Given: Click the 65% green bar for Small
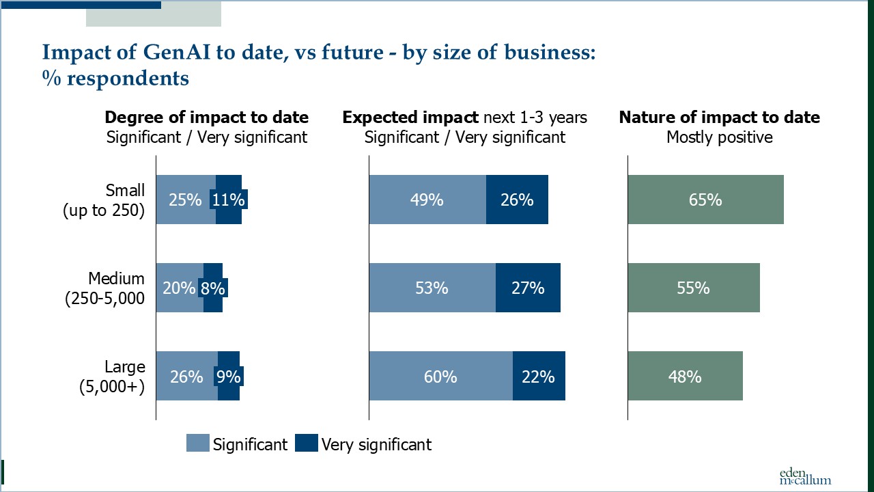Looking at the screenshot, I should pos(705,200).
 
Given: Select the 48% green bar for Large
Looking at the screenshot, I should pos(685,376).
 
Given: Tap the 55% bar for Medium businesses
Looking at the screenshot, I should pos(694,288).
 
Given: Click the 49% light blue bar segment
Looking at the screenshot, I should pos(427,200).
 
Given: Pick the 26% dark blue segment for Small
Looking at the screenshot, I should pos(517,200).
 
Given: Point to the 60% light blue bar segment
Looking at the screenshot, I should pos(440,376).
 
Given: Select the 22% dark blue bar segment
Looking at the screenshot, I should pos(539,376).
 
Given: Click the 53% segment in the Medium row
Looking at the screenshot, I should pos(432,288).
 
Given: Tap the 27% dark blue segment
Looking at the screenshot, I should pos(528,288).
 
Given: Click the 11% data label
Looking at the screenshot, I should pos(229,200).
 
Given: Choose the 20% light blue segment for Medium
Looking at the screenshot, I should pos(179,288).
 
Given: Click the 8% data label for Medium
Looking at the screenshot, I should pos(212,288).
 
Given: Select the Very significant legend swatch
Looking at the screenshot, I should pos(307,443).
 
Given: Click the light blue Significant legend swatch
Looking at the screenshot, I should pos(197,443).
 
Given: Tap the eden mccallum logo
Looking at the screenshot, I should pos(806,476).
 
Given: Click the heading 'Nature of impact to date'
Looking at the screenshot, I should pos(719,118).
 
